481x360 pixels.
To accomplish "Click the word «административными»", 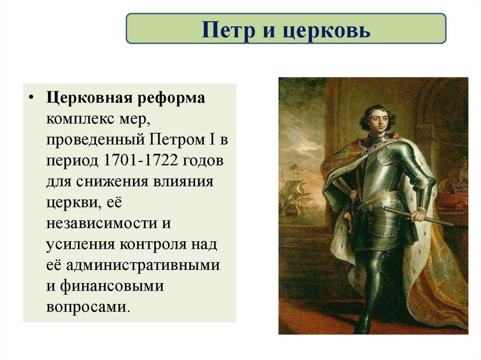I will pyautogui.click(x=143, y=264).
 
